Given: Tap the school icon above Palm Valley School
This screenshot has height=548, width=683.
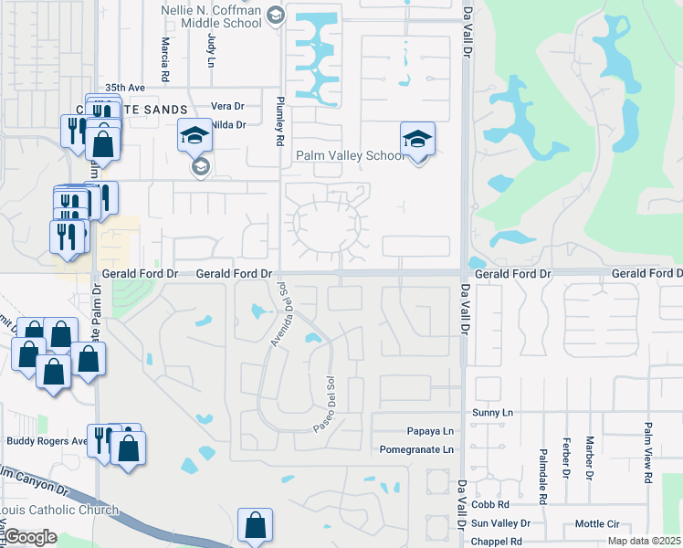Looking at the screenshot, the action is coord(417,140).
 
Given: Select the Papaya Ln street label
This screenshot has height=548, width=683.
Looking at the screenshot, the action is coord(430,431).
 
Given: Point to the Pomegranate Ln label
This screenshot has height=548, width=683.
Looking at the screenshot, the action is coord(416,449).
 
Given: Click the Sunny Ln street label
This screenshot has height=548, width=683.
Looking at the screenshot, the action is coord(493,413).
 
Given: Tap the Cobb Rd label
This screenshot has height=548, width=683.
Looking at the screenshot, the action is coord(490,504).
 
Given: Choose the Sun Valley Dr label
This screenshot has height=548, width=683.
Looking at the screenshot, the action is coord(500,523).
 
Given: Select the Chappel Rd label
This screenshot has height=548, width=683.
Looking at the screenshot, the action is coord(496,542).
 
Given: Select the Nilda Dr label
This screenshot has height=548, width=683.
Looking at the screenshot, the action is coord(229,124).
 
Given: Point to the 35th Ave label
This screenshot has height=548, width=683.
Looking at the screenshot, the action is coord(125,88).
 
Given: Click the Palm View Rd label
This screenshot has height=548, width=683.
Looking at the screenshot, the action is coord(647,453).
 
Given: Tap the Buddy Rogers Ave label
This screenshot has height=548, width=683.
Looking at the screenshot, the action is coord(47,440).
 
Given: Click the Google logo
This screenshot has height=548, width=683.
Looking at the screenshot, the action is coord(29,537).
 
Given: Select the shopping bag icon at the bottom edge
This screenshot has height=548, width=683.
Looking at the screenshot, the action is coord(255,526).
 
